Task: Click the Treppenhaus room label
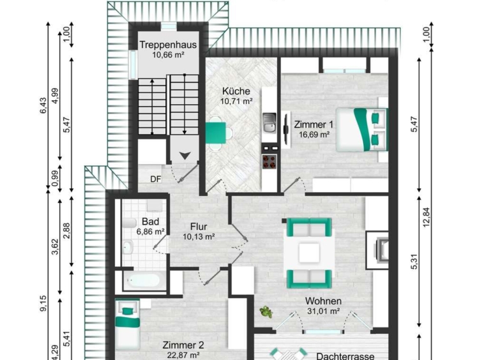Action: [168, 45]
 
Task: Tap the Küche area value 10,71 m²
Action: [236, 101]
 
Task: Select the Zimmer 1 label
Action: [314, 124]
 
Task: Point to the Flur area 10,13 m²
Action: [199, 237]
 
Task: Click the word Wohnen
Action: [323, 301]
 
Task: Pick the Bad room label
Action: [150, 221]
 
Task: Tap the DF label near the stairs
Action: [156, 179]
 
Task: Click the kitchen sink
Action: [269, 123]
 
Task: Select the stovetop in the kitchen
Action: [269, 161]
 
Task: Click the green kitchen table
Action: [215, 133]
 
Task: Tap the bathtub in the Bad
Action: [143, 281]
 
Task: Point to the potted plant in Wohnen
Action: [266, 312]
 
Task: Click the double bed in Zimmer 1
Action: [361, 130]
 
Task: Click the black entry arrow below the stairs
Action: [185, 156]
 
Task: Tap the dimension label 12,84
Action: [427, 218]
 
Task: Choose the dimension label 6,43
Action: [43, 105]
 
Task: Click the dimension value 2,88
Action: [66, 231]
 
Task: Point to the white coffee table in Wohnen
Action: [309, 253]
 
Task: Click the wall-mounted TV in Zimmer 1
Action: [286, 129]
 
